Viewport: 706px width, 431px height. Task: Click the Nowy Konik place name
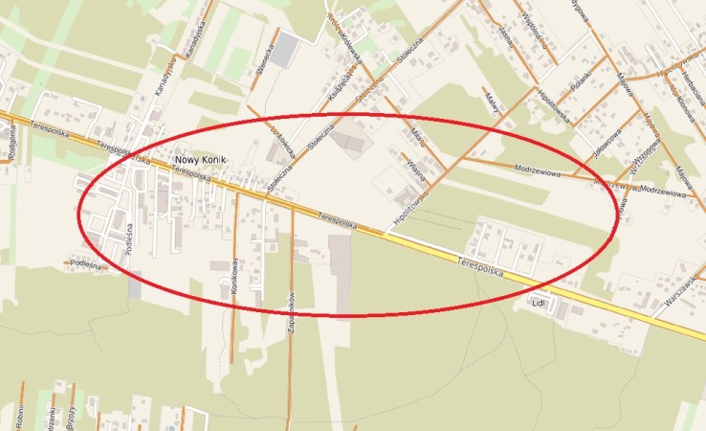[x=200, y=160]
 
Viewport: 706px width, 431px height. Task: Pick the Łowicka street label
[x=280, y=144]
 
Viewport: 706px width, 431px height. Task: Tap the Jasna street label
[x=504, y=36]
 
